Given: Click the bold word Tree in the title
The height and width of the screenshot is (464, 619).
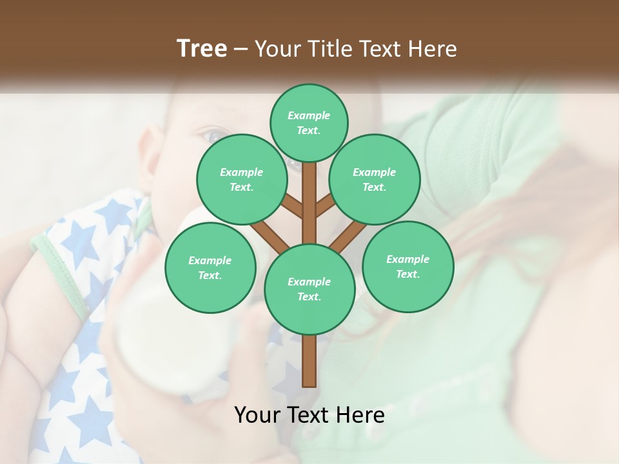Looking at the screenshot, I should click(x=202, y=48).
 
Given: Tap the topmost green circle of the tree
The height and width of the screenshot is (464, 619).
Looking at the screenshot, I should click(x=309, y=122).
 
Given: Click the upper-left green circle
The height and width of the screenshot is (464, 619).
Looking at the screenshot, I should click(x=242, y=179).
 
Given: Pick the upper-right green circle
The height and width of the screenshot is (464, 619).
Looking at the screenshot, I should click(x=375, y=179).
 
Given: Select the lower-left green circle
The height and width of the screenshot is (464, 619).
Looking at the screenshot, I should click(x=210, y=267).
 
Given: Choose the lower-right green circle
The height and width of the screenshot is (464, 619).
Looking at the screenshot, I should click(x=408, y=266).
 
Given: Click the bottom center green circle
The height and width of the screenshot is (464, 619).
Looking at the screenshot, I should click(x=309, y=289).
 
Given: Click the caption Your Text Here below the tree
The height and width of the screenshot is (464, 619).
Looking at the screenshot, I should click(x=309, y=415).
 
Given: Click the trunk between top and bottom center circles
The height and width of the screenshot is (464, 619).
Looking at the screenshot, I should click(x=309, y=206).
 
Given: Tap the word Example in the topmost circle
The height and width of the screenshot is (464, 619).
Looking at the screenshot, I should click(x=309, y=115).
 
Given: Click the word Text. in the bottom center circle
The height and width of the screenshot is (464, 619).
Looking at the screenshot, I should click(x=309, y=296).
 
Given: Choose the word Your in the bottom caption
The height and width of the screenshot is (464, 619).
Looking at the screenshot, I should click(x=257, y=415).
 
